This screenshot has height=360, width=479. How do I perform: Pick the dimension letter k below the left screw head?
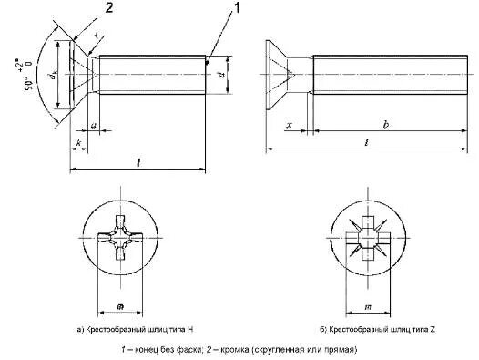click(x=79, y=144)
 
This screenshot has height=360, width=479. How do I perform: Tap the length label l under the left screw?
click(x=138, y=161)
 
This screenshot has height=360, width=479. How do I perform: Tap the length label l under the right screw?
click(x=365, y=142)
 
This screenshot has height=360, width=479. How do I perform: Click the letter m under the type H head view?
click(x=123, y=299)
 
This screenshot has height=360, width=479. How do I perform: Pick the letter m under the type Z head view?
click(x=366, y=299)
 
